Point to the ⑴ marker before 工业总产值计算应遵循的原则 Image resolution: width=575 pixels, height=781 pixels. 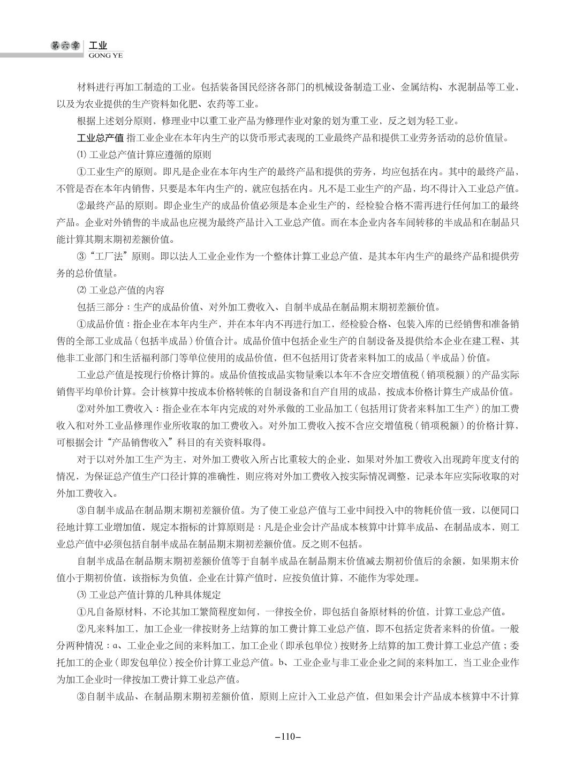tap(81, 155)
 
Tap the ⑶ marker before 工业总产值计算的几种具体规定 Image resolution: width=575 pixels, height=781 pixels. tap(81, 595)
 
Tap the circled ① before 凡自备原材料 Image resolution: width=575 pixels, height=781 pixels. tap(82, 612)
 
